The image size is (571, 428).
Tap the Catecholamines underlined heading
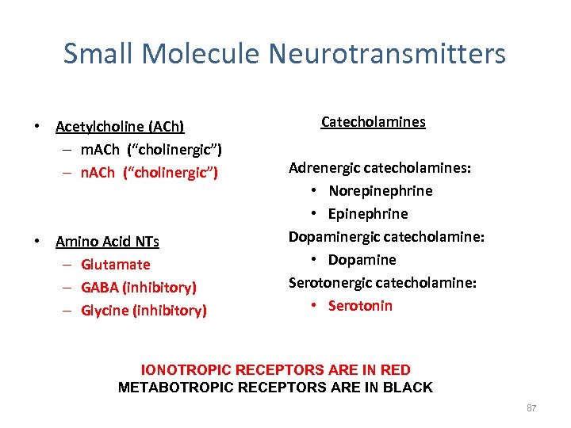(373, 122)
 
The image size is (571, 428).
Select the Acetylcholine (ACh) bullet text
(120, 127)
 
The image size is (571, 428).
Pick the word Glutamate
(115, 265)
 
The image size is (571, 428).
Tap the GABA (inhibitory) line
(139, 288)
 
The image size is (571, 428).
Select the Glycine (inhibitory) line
(144, 311)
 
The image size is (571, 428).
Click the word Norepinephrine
(381, 191)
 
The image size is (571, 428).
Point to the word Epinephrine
(368, 214)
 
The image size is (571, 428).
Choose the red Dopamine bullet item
(362, 260)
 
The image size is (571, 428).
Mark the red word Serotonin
(361, 306)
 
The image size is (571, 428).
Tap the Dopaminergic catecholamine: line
(386, 237)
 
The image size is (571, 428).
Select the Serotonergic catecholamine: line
(382, 283)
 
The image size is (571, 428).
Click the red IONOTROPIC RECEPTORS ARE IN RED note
(275, 370)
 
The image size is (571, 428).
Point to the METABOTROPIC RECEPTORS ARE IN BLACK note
(275, 388)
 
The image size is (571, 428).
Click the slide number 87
(531, 408)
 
